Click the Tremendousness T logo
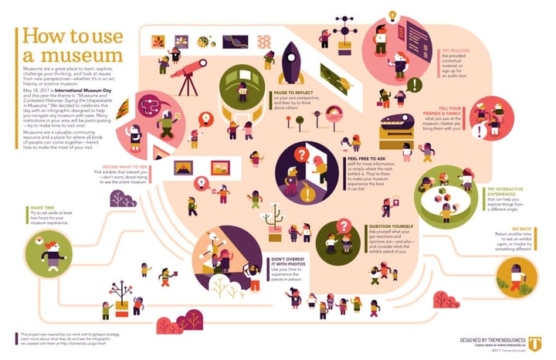[514, 318]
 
